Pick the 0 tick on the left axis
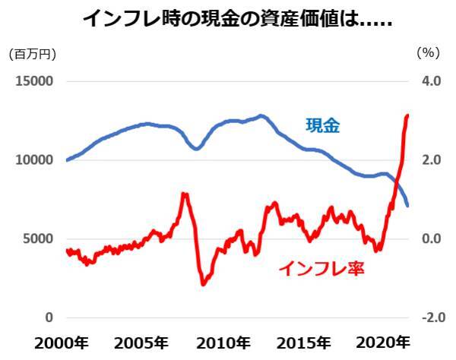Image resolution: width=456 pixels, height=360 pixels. [49, 317]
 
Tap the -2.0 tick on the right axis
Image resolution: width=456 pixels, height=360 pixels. [429, 317]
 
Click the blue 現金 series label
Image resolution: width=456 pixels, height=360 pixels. [322, 126]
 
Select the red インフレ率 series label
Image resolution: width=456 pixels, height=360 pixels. [322, 268]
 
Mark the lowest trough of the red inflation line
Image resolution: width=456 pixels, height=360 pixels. [203, 284]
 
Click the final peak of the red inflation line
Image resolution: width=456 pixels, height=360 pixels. [408, 115]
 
